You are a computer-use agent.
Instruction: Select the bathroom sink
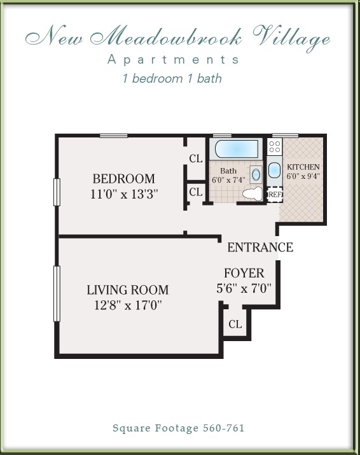point(256,174)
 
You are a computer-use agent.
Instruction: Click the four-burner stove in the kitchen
point(275,148)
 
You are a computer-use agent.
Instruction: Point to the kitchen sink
point(274,171)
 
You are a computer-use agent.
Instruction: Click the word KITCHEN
point(303,167)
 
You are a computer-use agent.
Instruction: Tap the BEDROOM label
point(123,179)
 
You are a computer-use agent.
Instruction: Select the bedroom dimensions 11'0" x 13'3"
point(123,194)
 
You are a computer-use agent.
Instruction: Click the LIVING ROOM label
point(127,290)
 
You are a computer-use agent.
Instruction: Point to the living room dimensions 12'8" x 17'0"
point(125,305)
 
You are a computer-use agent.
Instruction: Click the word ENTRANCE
point(260,248)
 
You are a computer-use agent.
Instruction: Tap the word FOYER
point(244,274)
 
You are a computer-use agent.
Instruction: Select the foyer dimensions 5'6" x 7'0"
point(244,288)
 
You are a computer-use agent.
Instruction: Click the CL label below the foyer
point(235,325)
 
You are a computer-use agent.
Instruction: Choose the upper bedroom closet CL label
point(195,159)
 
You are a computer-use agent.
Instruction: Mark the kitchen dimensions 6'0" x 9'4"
point(303,176)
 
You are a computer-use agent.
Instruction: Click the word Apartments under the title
point(174,60)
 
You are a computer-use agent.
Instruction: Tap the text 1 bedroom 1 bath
point(172,79)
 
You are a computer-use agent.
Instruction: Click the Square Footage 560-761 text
point(179,429)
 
